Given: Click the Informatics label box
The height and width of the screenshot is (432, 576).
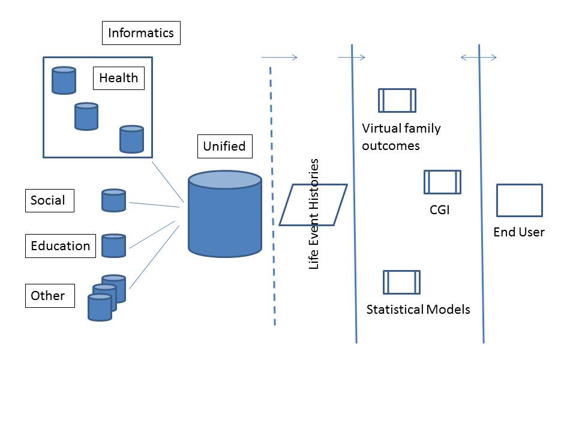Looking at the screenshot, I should (x=141, y=33).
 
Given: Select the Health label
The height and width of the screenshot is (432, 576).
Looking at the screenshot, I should (x=118, y=78).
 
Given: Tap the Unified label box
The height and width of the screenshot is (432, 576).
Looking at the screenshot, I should (x=224, y=146).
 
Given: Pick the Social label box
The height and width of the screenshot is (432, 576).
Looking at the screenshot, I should (x=49, y=200).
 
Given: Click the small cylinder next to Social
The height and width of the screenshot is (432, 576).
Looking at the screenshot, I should (x=113, y=200).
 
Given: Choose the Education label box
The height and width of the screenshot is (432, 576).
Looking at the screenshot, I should (x=61, y=246).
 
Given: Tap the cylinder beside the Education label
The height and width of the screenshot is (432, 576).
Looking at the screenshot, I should (x=113, y=245).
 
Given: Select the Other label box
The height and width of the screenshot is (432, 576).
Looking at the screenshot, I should (x=50, y=296).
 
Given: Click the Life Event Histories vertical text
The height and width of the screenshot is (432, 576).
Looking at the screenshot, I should (x=314, y=214).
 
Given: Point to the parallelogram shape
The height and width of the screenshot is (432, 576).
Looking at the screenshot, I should (x=313, y=205).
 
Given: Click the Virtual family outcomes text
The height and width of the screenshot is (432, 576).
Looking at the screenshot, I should (x=401, y=137).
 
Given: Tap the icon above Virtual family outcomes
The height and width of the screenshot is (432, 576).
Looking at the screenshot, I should (x=397, y=100).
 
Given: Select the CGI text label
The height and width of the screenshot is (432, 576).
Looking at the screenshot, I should (x=439, y=211).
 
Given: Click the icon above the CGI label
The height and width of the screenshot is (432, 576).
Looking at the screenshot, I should (x=442, y=182).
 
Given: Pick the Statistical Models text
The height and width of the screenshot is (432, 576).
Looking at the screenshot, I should (x=418, y=310).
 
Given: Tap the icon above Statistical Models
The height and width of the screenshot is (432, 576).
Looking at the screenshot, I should (x=401, y=282).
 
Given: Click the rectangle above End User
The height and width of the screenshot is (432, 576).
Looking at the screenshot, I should (x=519, y=200).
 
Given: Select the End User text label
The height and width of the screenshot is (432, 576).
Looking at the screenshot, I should (x=519, y=232).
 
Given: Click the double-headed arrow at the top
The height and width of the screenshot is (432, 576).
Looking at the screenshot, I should (x=478, y=58).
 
